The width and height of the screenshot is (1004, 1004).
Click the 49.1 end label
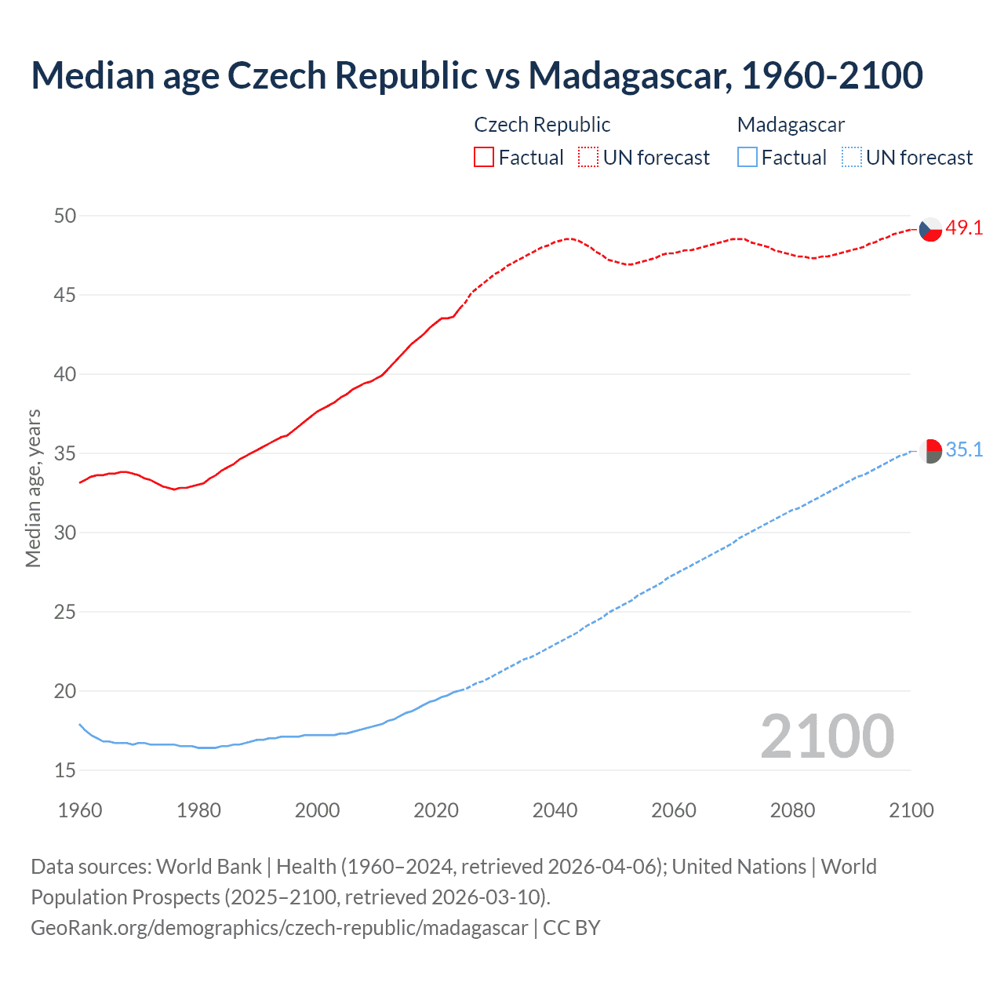[964, 228]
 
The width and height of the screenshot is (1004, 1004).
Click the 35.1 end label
[964, 450]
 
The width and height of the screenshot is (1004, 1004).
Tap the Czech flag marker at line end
[930, 229]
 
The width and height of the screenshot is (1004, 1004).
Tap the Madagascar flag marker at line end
[930, 451]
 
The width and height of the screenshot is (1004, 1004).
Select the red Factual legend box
[484, 158]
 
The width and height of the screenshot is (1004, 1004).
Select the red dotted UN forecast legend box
[588, 158]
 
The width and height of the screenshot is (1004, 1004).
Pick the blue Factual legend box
[748, 158]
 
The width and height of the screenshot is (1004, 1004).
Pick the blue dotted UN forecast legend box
[851, 158]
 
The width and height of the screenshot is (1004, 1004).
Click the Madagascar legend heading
[791, 125]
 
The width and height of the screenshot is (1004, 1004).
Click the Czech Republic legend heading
[542, 125]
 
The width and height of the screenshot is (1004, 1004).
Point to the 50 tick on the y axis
[65, 216]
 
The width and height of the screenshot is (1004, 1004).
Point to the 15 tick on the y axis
[65, 770]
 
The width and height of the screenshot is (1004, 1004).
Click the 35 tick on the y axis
[65, 453]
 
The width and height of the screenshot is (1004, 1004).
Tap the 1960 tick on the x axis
[80, 810]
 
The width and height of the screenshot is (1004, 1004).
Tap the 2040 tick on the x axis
[555, 810]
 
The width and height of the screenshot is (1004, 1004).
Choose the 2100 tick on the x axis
[911, 810]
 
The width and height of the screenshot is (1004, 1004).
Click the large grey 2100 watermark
[827, 736]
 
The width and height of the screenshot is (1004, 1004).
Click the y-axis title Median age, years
[33, 488]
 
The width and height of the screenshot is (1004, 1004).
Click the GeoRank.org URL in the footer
[279, 928]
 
